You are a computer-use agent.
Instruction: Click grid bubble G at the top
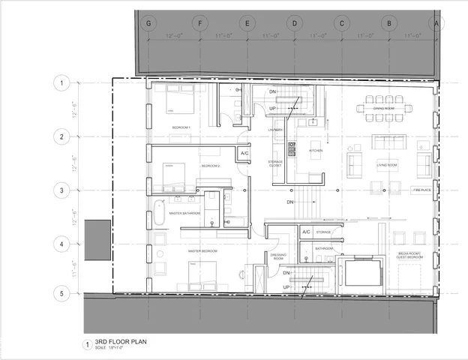pos(149,23)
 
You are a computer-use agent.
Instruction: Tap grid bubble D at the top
pos(295,23)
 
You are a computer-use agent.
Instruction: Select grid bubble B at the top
pos(389,23)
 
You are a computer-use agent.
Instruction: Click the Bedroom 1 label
pos(181,127)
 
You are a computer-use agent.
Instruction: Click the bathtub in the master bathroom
pos(160,213)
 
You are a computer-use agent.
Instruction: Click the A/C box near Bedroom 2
pos(244,154)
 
